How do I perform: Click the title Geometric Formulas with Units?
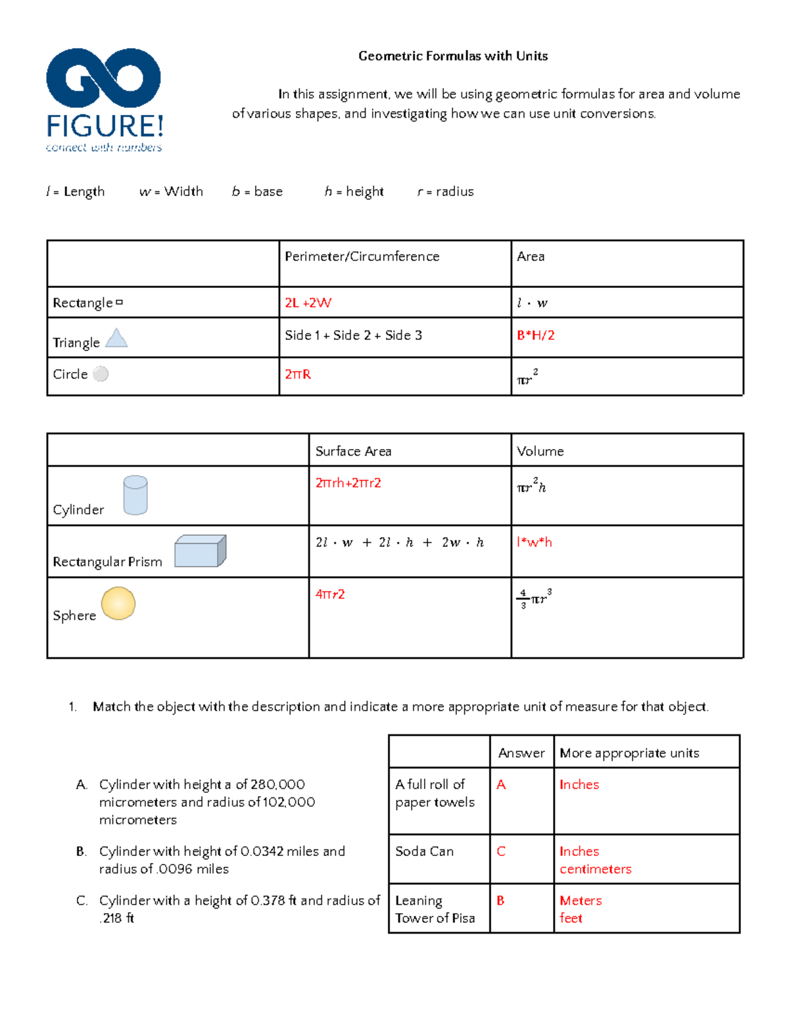[453, 57]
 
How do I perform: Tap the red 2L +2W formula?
[308, 303]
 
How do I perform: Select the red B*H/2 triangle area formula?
[535, 335]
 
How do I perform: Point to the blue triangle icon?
[116, 338]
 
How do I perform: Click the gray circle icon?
[101, 374]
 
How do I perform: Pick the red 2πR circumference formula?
[298, 375]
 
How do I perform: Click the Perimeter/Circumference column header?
[362, 256]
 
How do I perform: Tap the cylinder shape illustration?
[135, 495]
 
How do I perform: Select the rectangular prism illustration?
[200, 551]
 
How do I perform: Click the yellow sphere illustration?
[118, 604]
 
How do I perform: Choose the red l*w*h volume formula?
[534, 542]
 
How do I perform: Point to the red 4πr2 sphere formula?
[330, 594]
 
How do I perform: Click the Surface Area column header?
[353, 452]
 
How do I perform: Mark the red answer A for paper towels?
[501, 785]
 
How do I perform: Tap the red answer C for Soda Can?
[501, 851]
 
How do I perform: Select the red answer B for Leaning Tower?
[500, 901]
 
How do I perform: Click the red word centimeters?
[595, 869]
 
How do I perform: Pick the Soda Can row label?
[424, 851]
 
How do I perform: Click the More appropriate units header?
[629, 753]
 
